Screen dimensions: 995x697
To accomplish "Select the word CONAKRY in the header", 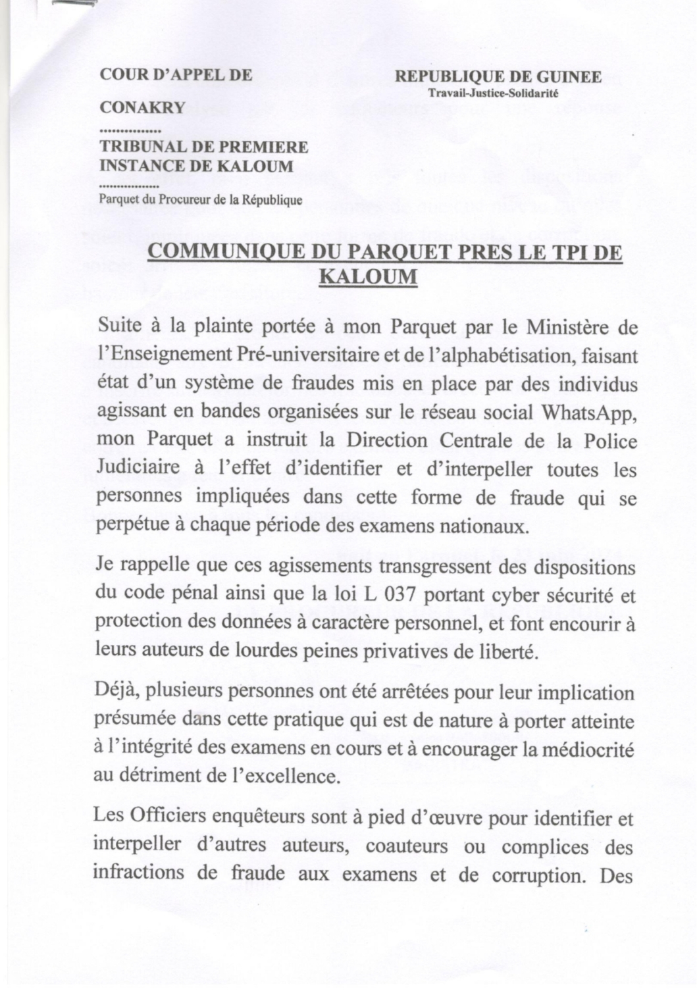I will click(142, 107).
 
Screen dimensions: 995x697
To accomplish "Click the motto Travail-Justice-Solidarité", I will click(493, 93).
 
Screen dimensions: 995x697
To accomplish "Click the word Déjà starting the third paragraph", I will click(116, 693).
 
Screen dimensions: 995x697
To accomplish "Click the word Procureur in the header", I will click(176, 199).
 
